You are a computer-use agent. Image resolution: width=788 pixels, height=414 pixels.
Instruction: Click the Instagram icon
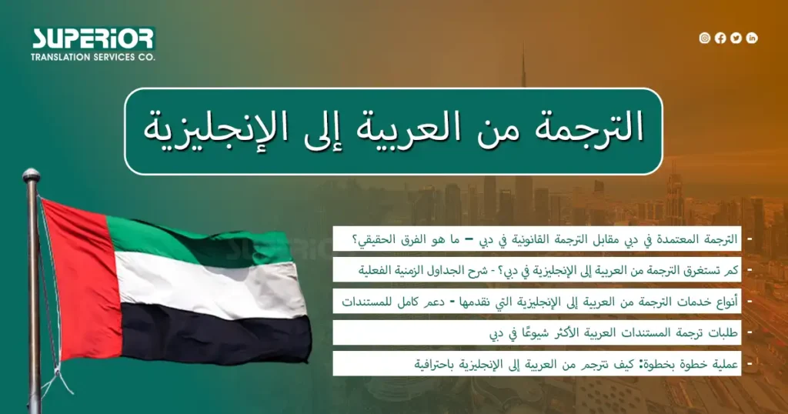pos(704,38)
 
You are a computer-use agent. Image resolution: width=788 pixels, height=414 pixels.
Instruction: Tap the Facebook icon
pos(720,38)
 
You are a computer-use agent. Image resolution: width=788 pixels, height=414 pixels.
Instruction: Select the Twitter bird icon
pos(736,38)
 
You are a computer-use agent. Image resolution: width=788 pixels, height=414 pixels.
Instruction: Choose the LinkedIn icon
pos(752,38)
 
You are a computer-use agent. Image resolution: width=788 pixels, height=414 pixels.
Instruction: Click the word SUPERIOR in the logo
pos(92,39)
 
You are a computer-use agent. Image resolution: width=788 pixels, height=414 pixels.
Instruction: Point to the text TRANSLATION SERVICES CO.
pos(92,58)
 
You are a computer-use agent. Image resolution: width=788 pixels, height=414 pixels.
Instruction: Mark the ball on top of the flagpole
pos(31,175)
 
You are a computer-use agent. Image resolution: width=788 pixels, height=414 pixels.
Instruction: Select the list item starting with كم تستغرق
pos(537,270)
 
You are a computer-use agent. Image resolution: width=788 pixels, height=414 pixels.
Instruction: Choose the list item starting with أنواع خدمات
pos(537,302)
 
